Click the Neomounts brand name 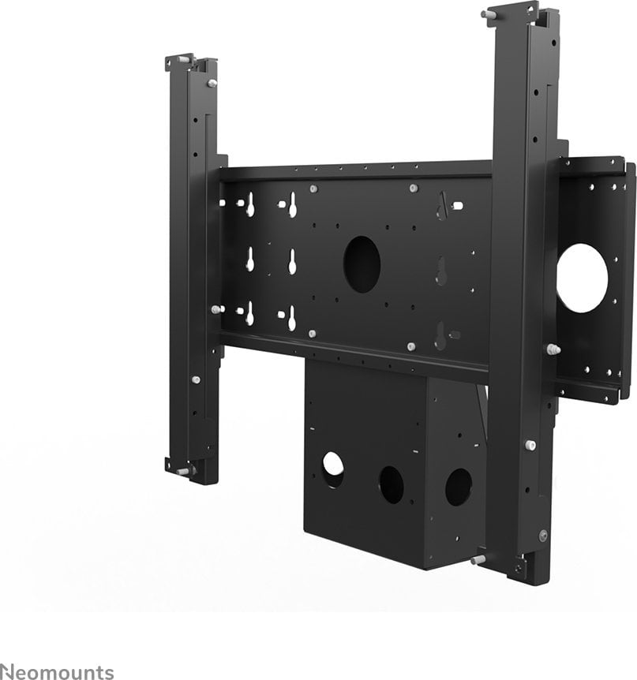57,672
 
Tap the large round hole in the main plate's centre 362,264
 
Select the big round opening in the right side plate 583,278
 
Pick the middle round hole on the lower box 392,484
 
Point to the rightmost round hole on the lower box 458,487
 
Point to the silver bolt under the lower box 478,559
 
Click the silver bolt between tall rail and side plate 553,349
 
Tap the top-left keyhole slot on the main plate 249,205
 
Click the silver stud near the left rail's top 212,83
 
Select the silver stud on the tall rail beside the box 531,445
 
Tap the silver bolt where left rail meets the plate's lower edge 215,310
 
